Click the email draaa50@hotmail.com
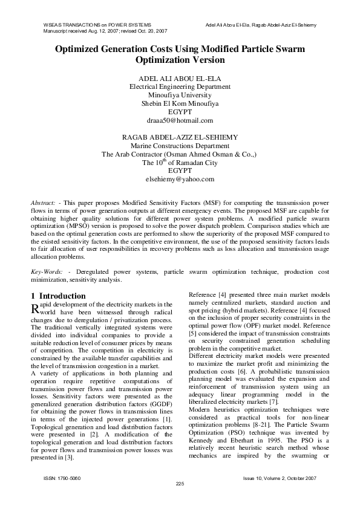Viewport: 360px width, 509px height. click(180, 121)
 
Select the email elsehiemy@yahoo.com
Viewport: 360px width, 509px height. click(180, 180)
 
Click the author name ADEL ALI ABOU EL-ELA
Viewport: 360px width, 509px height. click(180, 78)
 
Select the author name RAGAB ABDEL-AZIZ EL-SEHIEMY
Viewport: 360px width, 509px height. click(180, 137)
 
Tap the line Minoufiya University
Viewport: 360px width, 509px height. click(180, 96)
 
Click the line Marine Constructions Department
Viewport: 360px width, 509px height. click(180, 146)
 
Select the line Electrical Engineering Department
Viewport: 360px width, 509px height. click(180, 87)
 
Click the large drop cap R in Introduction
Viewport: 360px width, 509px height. click(35, 308)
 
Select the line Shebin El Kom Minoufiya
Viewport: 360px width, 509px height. click(180, 104)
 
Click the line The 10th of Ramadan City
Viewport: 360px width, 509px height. click(180, 163)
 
